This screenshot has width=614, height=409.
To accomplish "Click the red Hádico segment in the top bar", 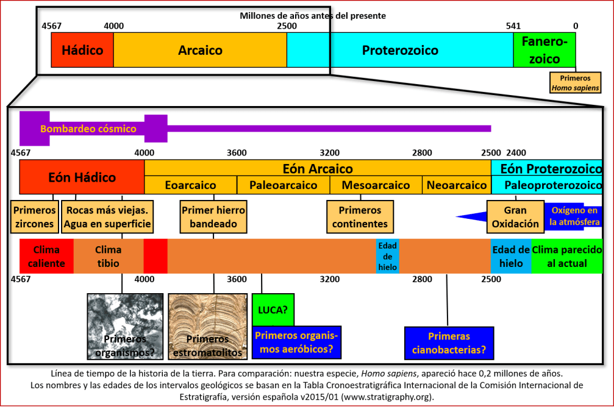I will point(82,50).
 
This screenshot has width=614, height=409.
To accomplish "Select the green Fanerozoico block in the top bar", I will point(544,50).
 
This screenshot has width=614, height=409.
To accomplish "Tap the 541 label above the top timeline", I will point(513,26).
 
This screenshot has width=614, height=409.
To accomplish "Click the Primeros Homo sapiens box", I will point(575,83).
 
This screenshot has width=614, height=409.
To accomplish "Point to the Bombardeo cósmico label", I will point(88,129).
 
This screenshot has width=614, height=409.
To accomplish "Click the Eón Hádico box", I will point(82,177).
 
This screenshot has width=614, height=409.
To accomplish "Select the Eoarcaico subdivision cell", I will point(190,185).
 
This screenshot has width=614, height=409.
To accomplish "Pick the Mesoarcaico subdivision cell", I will point(376,185).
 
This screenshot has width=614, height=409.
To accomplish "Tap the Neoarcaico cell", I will point(456,185).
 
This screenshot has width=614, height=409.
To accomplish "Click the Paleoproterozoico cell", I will point(546,185).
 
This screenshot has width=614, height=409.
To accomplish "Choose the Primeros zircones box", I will point(34,217).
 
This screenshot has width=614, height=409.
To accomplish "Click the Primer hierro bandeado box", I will point(213,217).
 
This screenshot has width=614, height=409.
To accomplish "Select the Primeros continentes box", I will point(360,217).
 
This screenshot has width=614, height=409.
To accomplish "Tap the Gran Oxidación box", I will point(515,217).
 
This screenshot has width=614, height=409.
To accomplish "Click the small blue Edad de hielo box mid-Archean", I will point(388,256).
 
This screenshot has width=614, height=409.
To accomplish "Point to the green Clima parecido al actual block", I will point(566,256).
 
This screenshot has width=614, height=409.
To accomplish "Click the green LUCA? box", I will point(273,310).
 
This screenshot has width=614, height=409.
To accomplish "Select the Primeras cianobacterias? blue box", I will point(449,343).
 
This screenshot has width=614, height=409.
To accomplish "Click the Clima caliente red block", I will point(46,256).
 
